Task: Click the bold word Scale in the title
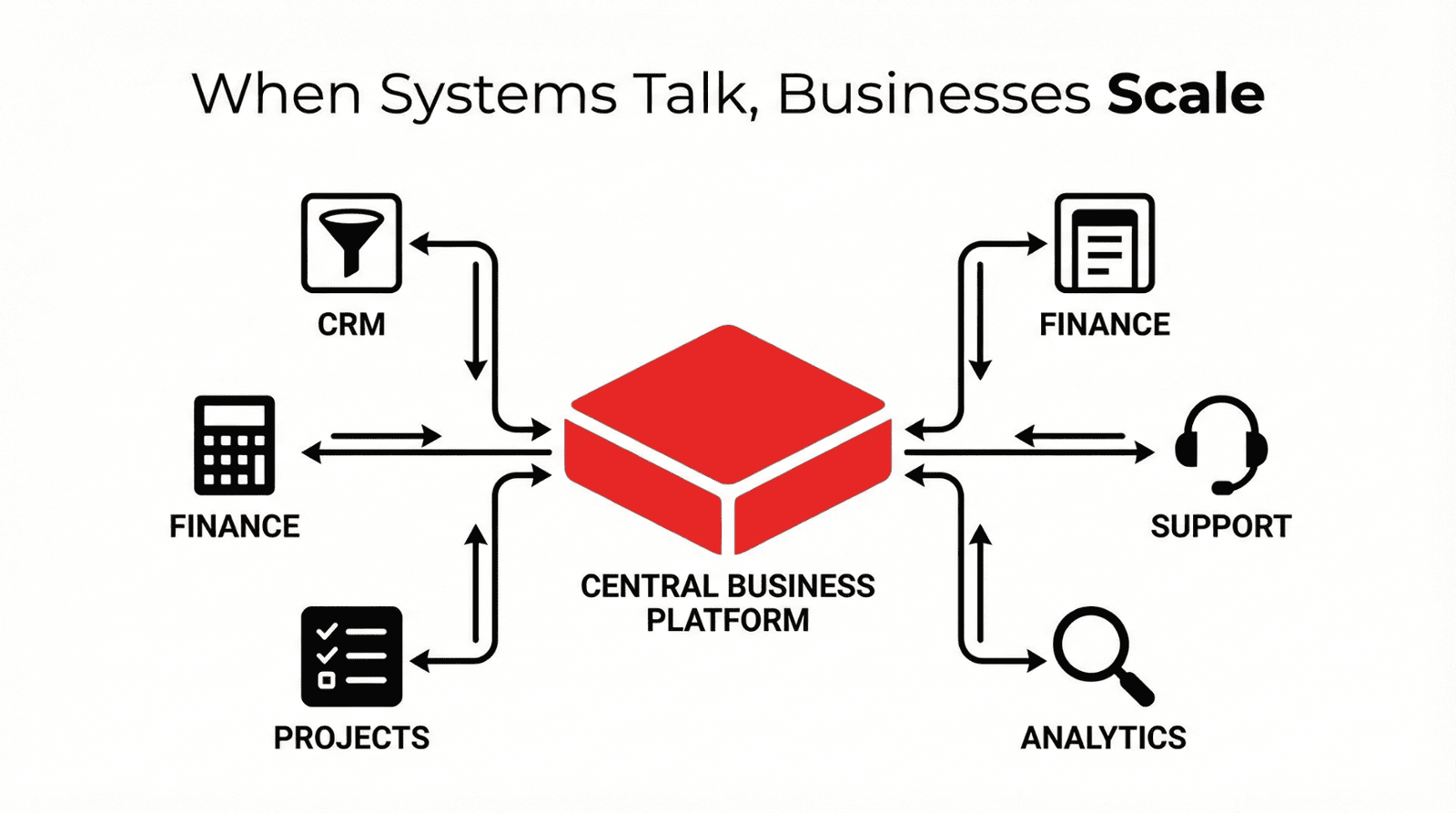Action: point(1185,93)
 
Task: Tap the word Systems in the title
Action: point(498,95)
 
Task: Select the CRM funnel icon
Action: point(351,242)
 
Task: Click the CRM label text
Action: point(351,324)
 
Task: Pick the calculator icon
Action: point(235,445)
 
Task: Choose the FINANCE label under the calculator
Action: point(235,526)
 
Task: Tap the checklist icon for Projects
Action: point(351,655)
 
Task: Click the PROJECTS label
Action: point(351,737)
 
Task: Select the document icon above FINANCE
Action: point(1104,242)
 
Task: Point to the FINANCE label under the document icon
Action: point(1104,324)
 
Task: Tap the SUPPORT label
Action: point(1220,526)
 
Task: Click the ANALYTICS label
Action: point(1103,737)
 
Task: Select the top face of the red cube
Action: point(728,401)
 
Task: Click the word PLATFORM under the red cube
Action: point(727,620)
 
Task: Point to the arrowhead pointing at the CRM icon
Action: point(420,243)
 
